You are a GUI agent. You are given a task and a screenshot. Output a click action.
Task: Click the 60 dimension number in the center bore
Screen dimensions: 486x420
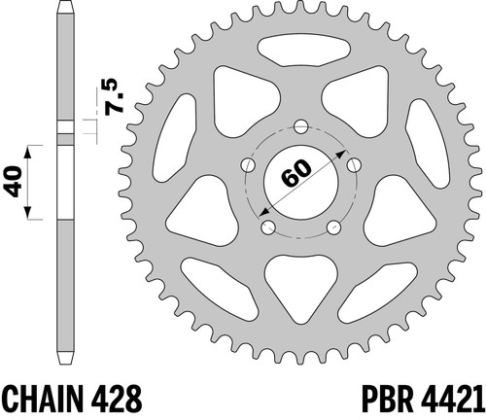296,173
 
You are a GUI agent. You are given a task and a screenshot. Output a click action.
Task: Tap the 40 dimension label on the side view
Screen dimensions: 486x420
14,182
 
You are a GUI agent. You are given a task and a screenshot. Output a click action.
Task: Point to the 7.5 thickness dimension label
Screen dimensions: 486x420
115,96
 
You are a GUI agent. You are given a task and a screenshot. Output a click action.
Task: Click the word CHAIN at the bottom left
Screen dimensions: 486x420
44,399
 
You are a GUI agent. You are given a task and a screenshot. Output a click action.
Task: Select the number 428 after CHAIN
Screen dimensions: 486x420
117,399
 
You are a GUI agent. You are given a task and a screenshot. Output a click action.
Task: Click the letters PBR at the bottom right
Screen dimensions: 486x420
387,399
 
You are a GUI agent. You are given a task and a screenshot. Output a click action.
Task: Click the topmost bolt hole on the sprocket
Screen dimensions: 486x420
301,126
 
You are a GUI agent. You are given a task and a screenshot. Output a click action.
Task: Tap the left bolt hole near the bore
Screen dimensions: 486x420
249,164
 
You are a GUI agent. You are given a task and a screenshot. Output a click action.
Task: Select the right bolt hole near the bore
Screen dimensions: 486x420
354,164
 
